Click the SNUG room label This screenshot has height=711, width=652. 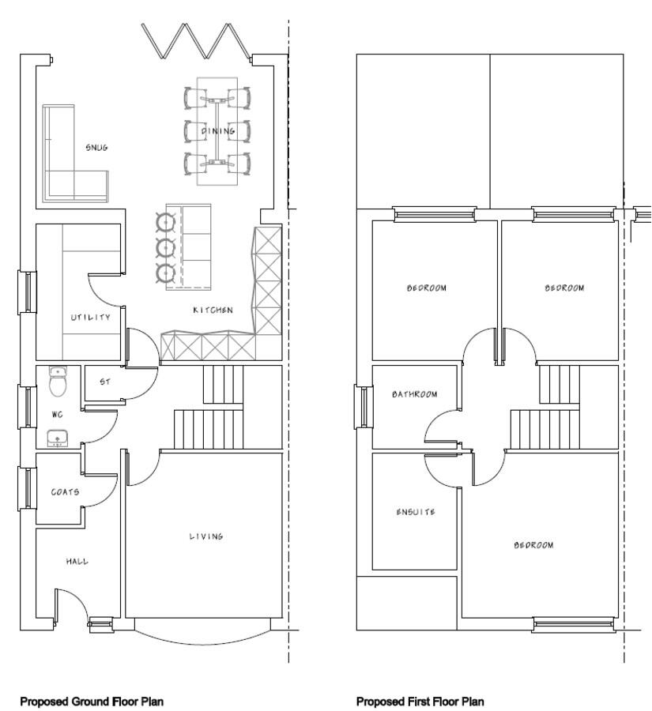coord(96,148)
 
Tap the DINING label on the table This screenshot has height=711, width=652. coord(217,131)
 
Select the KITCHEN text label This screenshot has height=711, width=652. coord(213,310)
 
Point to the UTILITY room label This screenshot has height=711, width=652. coord(90,318)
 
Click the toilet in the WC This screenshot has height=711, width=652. coord(58,383)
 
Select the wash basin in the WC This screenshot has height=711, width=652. coord(58,438)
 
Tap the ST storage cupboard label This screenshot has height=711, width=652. coord(104,382)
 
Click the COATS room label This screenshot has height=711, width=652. coord(65,492)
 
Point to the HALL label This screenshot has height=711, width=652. coord(77,562)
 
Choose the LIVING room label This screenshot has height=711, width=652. coord(205,536)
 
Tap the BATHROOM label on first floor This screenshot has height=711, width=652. coord(414,394)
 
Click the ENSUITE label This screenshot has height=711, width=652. coord(415,512)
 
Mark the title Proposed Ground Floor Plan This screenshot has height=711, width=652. coord(92,702)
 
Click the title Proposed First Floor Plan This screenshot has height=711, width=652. coord(420,702)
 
